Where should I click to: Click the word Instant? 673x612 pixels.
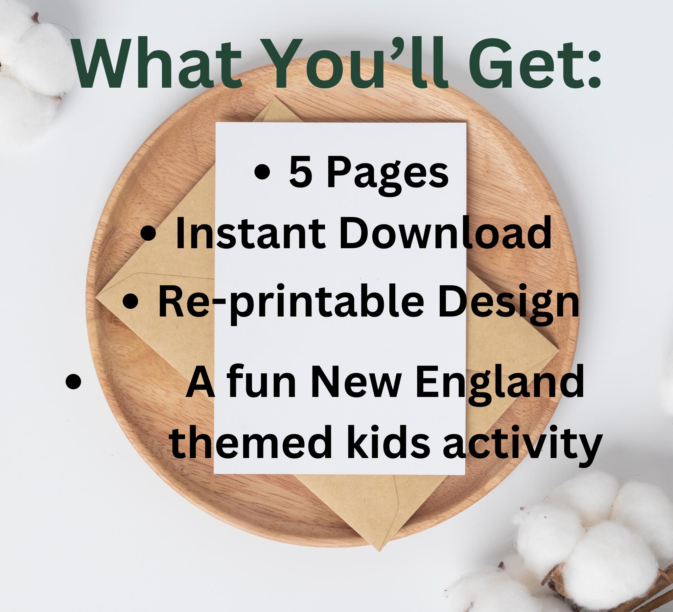click(249, 233)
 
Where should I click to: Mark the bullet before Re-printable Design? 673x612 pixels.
click(130, 302)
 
